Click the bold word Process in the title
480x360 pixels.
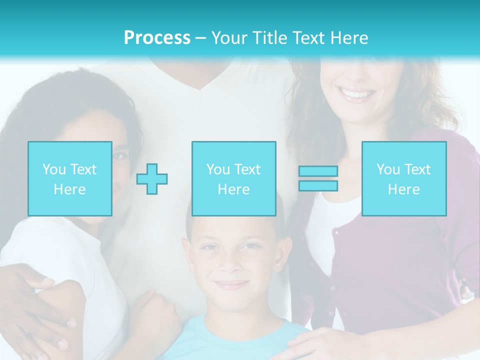157,38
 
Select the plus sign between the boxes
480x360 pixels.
152,179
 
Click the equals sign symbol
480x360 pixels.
318,178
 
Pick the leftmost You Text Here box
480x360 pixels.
70,179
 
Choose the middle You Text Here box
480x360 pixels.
233,179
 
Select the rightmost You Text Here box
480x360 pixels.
404,179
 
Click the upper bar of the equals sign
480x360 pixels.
318,171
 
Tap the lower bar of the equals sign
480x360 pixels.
318,185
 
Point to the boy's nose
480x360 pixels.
229,265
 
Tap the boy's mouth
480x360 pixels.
230,284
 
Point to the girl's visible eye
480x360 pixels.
119,156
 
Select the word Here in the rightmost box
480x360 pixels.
404,189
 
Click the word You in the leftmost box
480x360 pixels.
54,169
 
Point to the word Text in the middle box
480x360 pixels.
247,169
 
